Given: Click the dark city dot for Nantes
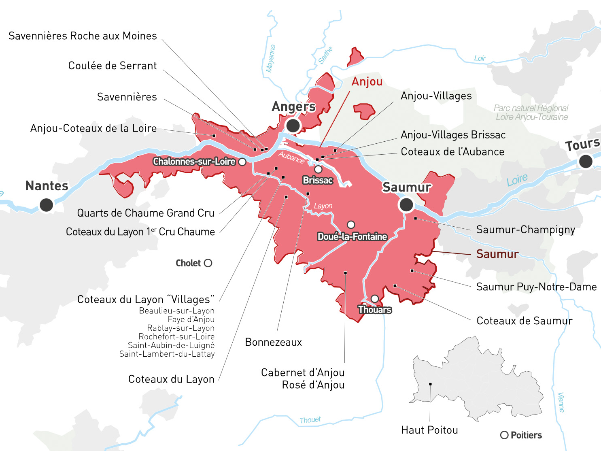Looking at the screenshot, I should (46, 205).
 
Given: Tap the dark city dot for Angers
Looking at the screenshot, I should (293, 126).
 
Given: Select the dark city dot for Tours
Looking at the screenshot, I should (586, 162).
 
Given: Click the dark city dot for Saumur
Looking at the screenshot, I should (406, 205).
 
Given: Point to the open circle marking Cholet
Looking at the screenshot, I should (208, 263).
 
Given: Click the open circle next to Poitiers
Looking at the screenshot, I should (504, 435).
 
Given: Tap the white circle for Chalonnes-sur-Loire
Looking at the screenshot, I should (242, 162).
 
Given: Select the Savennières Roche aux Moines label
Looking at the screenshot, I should (83, 36).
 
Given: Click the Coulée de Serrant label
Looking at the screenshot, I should (112, 66).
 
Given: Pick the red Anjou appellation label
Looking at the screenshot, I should (367, 82).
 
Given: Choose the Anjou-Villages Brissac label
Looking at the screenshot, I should (453, 135).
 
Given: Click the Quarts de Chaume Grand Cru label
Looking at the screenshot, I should (146, 213).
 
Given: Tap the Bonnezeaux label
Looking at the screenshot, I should (274, 343).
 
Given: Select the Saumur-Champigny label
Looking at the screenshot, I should (525, 230).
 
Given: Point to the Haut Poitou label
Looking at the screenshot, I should (429, 430).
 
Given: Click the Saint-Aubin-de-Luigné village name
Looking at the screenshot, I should (171, 345).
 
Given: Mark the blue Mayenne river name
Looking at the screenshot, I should (271, 59).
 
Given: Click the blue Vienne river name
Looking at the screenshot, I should (561, 402).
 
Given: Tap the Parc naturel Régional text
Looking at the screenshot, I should (531, 108).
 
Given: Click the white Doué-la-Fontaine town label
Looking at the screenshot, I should (352, 237).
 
